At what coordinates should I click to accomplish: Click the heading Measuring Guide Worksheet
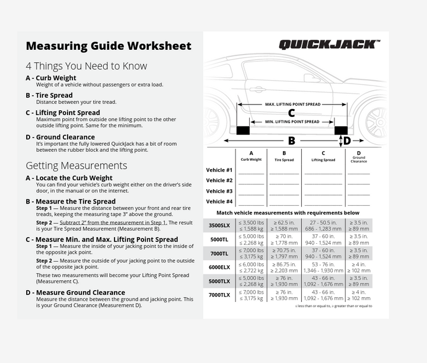[x=109, y=46]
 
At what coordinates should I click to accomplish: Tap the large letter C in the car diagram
[x=291, y=113]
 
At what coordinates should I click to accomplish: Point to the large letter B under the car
[x=291, y=141]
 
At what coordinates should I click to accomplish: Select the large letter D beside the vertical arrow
[x=347, y=141]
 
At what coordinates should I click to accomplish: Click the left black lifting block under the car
[x=243, y=130]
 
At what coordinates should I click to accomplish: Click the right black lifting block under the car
[x=340, y=130]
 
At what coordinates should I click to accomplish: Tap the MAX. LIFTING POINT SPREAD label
[x=292, y=104]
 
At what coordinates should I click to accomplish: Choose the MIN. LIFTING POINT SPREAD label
[x=292, y=122]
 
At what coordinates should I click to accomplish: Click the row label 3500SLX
[x=219, y=225]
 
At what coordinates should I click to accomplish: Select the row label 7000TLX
[x=219, y=295]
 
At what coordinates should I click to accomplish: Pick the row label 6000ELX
[x=219, y=268]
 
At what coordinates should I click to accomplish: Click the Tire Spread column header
[x=284, y=157]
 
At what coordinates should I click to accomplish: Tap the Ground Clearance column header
[x=358, y=157]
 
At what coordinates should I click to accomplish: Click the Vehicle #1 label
[x=219, y=170]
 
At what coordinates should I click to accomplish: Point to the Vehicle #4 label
[x=219, y=202]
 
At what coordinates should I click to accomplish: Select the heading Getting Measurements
[x=77, y=165]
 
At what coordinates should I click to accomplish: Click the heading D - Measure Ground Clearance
[x=75, y=292]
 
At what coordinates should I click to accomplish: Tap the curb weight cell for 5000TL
[x=251, y=239]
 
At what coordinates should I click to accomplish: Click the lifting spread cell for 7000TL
[x=323, y=253]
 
